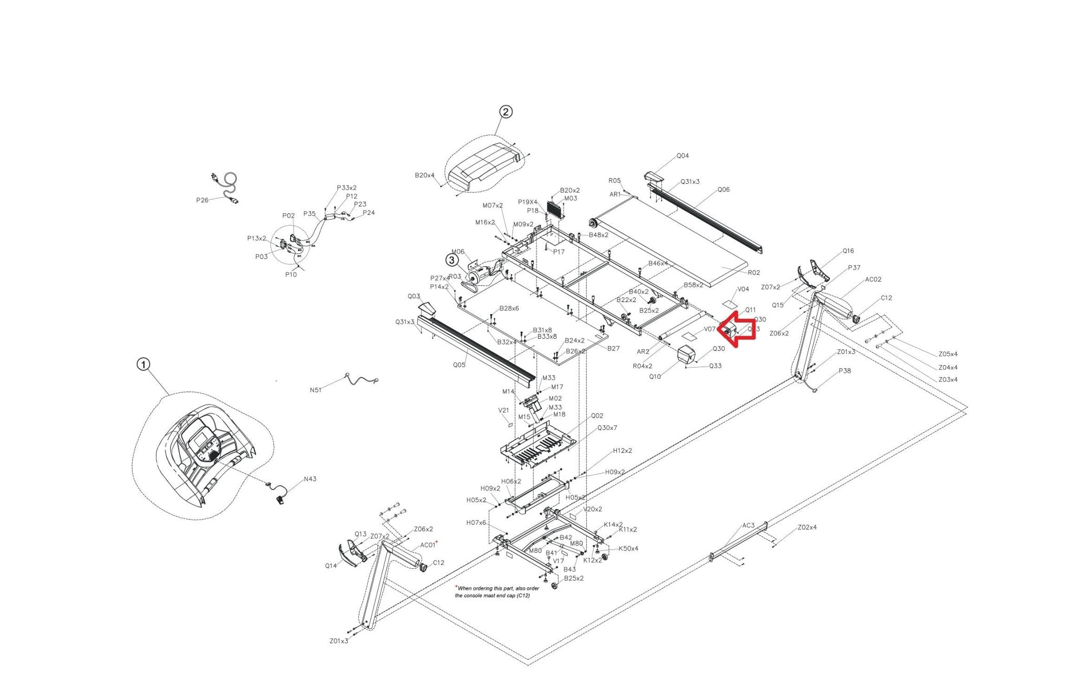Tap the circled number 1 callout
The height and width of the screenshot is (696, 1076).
click(143, 365)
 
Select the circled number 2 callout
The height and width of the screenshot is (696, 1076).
click(505, 112)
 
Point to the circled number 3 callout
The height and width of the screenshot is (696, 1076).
click(452, 259)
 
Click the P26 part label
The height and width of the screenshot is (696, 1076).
click(202, 200)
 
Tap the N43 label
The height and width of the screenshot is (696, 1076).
click(310, 479)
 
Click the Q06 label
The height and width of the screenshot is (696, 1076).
click(723, 190)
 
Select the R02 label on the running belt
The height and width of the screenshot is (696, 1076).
click(754, 273)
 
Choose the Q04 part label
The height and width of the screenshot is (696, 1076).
click(682, 156)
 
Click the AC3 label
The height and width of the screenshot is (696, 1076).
click(748, 525)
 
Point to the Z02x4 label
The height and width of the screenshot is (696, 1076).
click(807, 527)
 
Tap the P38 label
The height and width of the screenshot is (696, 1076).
click(845, 371)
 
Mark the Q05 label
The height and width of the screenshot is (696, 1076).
click(459, 365)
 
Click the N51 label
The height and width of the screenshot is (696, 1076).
click(316, 390)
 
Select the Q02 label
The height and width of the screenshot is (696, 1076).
click(597, 415)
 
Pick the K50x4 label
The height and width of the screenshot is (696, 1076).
click(628, 548)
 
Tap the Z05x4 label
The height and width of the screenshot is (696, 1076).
click(948, 354)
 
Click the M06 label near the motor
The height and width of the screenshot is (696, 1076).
click(458, 252)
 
